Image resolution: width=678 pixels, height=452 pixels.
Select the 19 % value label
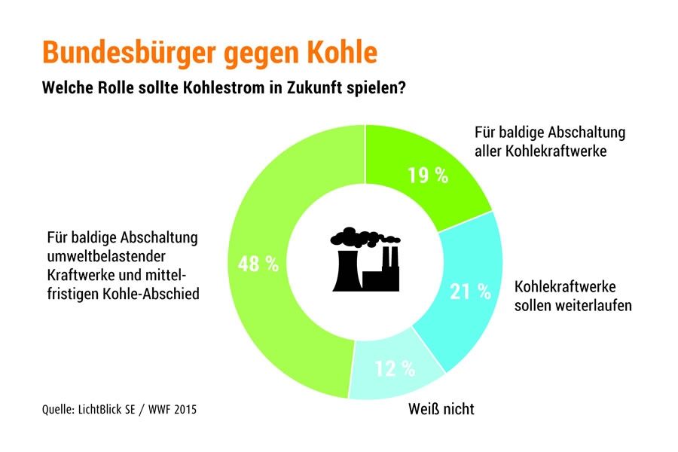click(x=427, y=176)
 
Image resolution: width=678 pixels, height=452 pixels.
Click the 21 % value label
click(x=470, y=292)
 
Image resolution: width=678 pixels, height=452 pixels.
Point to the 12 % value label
click(x=395, y=368)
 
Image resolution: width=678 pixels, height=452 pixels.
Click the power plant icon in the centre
click(x=365, y=258)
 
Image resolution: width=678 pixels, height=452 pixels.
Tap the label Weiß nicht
click(x=441, y=409)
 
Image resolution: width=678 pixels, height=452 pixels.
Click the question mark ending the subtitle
click(x=405, y=87)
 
